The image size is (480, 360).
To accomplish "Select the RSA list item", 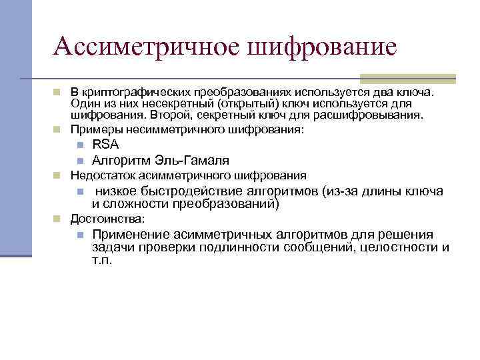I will (105, 145).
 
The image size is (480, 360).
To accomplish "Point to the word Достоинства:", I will (107, 219).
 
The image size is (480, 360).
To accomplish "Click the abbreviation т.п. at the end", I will (102, 259).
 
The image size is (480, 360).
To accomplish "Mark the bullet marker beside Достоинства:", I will (58, 219).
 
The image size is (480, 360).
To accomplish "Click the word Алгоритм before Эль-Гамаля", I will (117, 160).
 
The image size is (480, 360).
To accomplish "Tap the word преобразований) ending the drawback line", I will (225, 203).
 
